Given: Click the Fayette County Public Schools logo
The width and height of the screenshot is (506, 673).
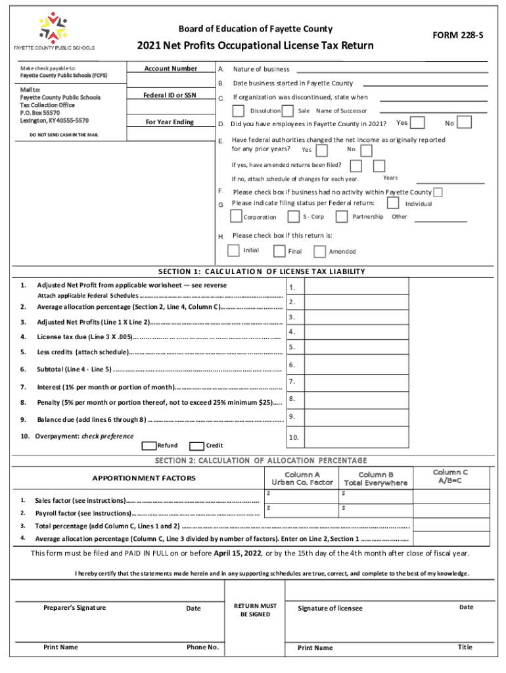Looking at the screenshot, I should [x=53, y=28].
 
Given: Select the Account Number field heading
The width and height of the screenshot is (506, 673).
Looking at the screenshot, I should [x=170, y=69].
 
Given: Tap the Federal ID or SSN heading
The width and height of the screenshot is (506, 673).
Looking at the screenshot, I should [x=170, y=96].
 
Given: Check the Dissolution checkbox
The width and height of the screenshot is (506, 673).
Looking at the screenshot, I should [x=239, y=111].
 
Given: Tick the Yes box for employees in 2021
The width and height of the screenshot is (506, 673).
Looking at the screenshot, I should [x=417, y=123].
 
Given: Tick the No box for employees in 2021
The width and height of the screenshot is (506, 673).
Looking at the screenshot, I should [x=464, y=123].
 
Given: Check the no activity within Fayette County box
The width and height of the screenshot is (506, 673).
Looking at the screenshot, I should [x=438, y=192].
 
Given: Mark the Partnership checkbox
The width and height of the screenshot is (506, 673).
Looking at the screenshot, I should [x=342, y=216].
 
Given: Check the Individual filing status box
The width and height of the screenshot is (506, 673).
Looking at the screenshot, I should [x=393, y=204].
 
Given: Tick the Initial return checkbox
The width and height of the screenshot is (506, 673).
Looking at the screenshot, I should [x=233, y=250].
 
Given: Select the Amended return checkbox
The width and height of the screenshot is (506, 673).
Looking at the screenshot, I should [x=319, y=251].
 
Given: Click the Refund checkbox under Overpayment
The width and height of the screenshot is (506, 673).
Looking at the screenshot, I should [x=149, y=446].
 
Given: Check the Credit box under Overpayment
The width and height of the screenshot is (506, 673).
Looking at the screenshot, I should [x=196, y=446].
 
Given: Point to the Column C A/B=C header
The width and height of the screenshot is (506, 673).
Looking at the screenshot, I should [x=450, y=476].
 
